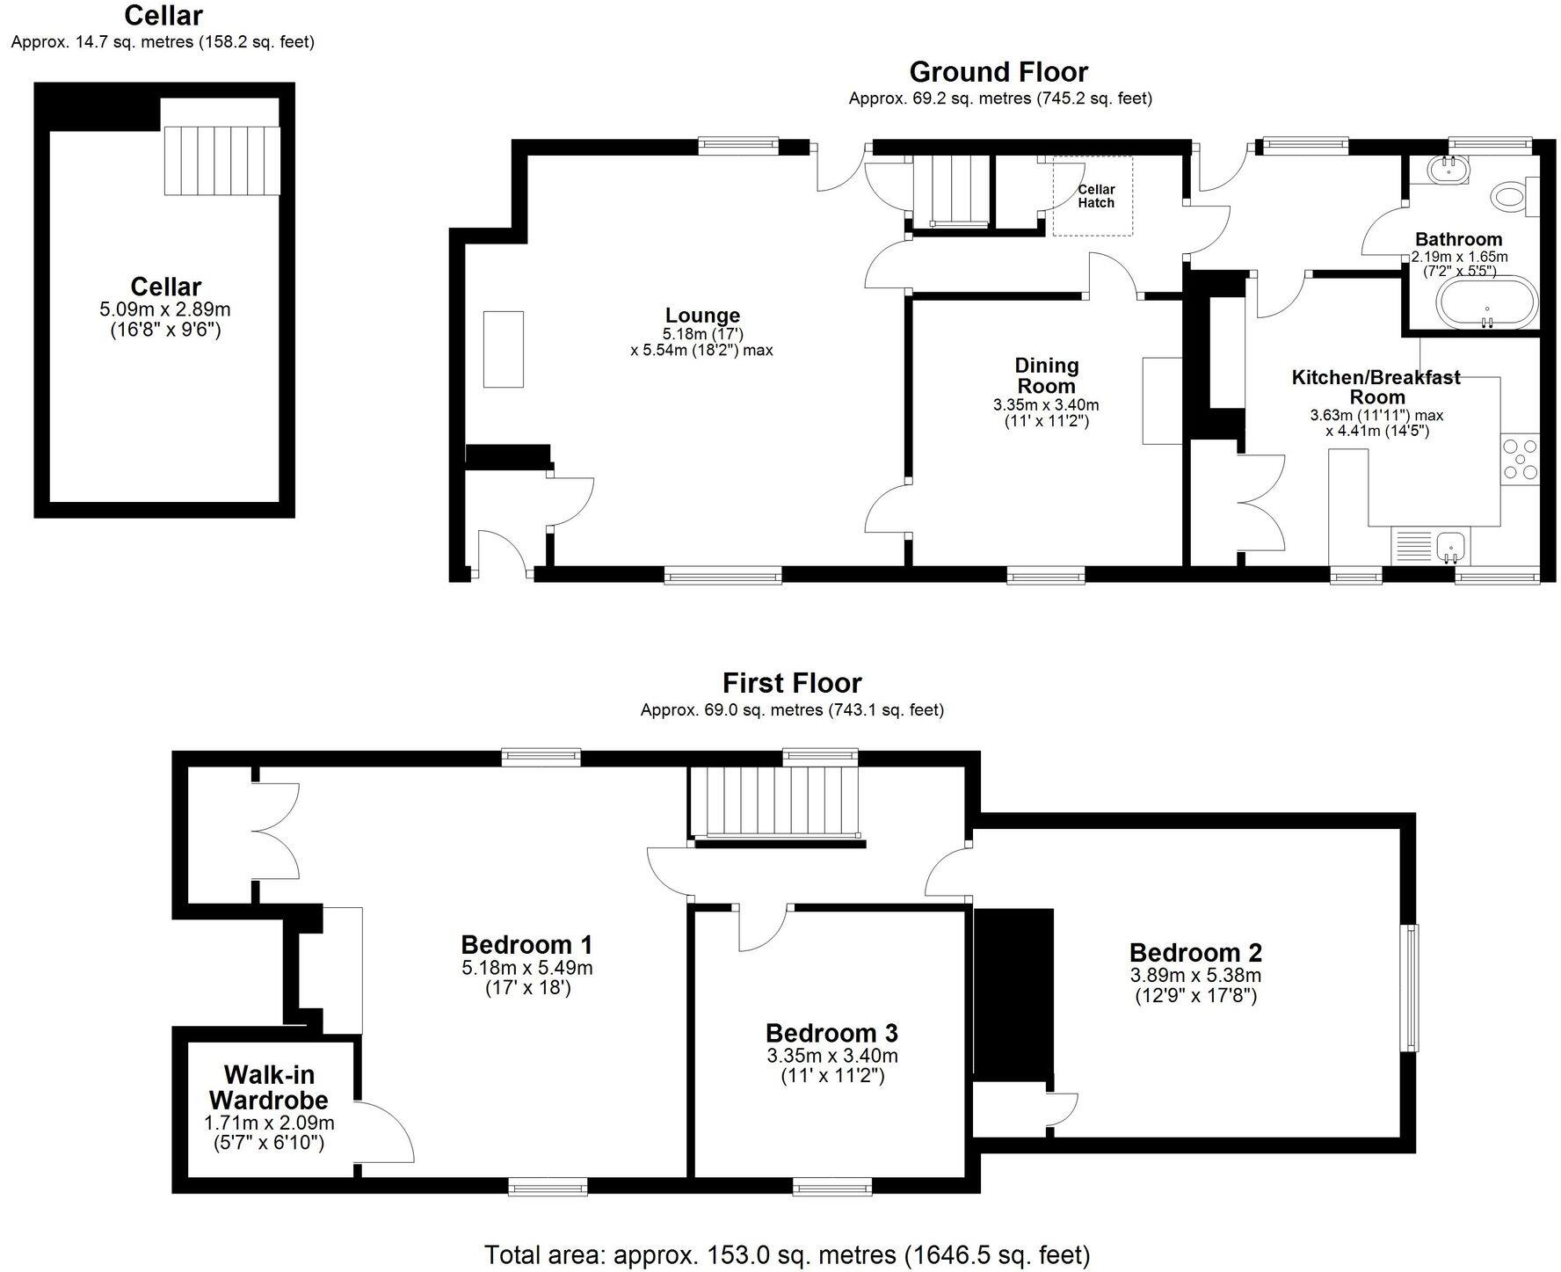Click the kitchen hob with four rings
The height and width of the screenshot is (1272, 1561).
pyautogui.click(x=1521, y=460)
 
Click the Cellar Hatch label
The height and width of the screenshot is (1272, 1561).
pyautogui.click(x=1095, y=196)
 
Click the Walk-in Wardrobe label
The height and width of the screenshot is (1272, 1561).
pyautogui.click(x=269, y=1087)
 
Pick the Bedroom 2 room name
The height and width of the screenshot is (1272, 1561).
pyautogui.click(x=1195, y=952)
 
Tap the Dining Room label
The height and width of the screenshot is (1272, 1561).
pyautogui.click(x=1046, y=375)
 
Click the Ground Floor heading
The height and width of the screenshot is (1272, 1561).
pyautogui.click(x=998, y=72)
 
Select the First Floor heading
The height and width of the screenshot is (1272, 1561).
pyautogui.click(x=792, y=683)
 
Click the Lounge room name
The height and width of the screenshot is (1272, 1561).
pyautogui.click(x=702, y=315)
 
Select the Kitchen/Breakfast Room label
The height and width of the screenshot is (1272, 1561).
pyautogui.click(x=1376, y=387)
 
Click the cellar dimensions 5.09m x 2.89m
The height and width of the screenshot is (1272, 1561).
pyautogui.click(x=165, y=309)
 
